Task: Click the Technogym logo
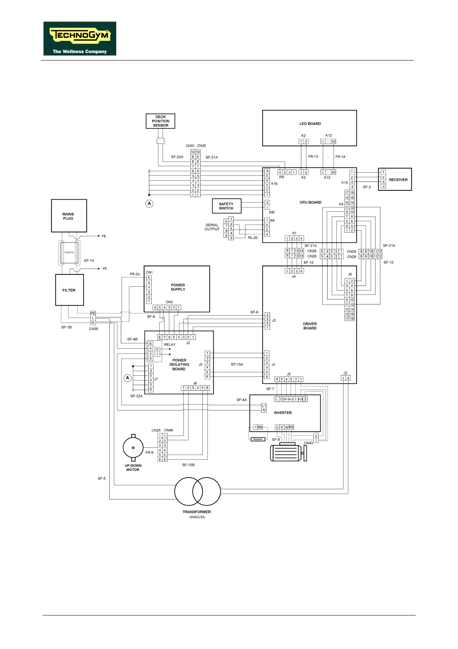[x=80, y=38]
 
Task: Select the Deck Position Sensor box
[x=160, y=121]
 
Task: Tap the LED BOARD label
[x=310, y=124]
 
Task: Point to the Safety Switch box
[x=226, y=206]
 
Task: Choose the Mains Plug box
[x=69, y=216]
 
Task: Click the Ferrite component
[x=69, y=253]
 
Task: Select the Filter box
[x=69, y=290]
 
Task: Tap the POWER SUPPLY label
[x=178, y=287]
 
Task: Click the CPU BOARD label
[x=310, y=202]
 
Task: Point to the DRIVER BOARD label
[x=310, y=326]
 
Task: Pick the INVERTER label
[x=282, y=413]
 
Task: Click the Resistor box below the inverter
[x=258, y=439]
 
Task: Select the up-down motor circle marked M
[x=133, y=448]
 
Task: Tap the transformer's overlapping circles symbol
[x=197, y=491]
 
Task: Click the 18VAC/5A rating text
[x=197, y=517]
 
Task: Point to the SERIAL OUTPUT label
[x=212, y=227]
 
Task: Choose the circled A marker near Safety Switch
[x=149, y=203]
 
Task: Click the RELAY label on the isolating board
[x=170, y=345]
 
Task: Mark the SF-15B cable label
[x=188, y=465]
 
